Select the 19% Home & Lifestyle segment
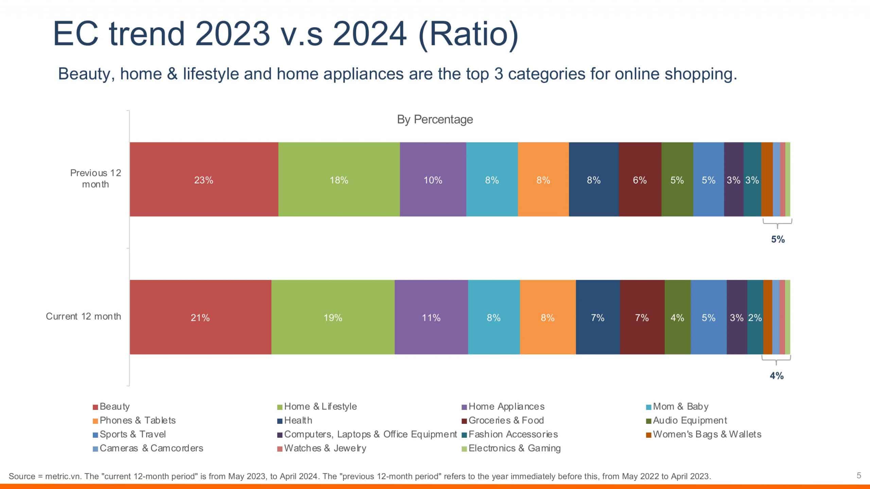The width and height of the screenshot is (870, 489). point(333,317)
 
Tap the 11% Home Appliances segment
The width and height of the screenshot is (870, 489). point(431,317)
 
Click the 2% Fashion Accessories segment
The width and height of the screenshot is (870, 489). point(755,317)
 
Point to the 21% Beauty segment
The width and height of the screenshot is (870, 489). point(200,317)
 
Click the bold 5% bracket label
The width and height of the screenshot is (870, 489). point(778,239)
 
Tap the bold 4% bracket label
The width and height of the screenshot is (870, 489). point(777,376)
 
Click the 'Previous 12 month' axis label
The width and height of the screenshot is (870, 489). point(95,178)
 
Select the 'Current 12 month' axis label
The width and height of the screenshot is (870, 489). point(83,316)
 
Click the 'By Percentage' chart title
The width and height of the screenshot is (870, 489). point(435,120)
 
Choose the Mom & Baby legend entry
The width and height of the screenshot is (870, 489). point(680,406)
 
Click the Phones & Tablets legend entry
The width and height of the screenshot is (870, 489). point(137,420)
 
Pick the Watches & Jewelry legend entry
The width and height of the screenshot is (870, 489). point(325,448)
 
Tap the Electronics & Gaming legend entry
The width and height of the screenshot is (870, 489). point(514,448)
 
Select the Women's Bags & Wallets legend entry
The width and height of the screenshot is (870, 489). point(707,434)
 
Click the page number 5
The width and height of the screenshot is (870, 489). point(859,475)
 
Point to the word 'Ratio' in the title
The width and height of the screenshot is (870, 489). point(469,34)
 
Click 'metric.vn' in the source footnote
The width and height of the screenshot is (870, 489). point(63,476)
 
